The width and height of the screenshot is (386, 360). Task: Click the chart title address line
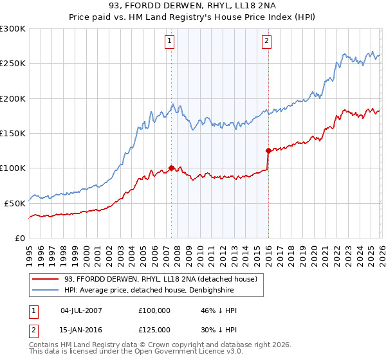click(193, 6)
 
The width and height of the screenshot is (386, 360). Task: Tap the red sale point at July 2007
click(171, 168)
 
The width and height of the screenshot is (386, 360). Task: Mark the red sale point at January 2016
click(268, 151)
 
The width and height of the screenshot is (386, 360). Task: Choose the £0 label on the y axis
click(19, 238)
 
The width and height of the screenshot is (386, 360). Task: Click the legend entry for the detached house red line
click(161, 278)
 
